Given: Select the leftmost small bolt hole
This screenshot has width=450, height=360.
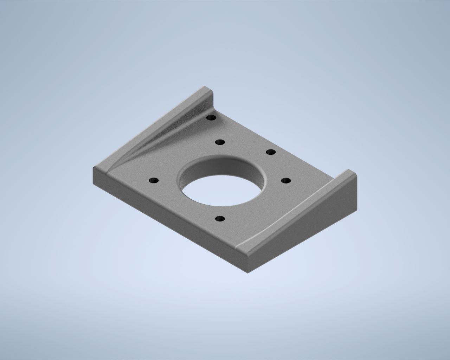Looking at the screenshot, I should point(154,181).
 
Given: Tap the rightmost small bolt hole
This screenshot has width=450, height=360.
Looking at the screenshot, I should point(286,181).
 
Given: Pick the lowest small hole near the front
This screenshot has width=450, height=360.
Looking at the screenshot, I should point(220,219).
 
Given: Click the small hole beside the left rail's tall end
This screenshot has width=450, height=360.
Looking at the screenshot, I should point(211,118).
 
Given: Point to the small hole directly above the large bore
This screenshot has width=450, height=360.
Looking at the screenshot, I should point(220,142).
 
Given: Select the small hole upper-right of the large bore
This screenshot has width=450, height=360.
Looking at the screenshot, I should point(270,152).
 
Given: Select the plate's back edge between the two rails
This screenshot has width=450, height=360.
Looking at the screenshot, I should point(281,141).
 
